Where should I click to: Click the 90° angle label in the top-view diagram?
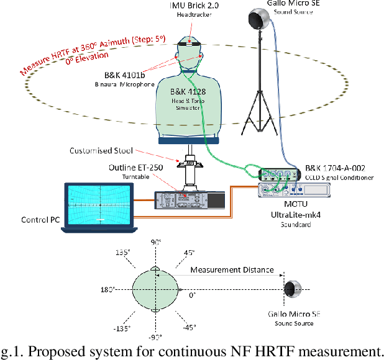point(156,241)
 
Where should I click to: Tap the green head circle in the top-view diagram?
point(155,290)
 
